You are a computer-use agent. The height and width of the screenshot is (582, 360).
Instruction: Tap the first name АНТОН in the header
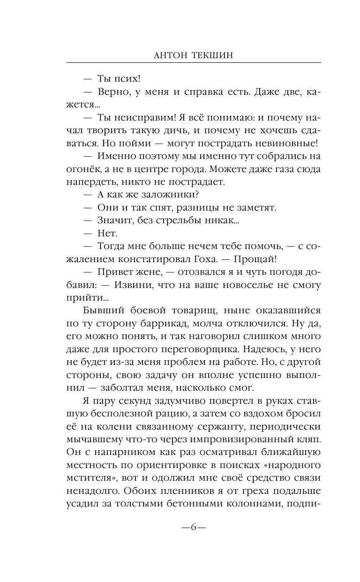pyautogui.click(x=170, y=54)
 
